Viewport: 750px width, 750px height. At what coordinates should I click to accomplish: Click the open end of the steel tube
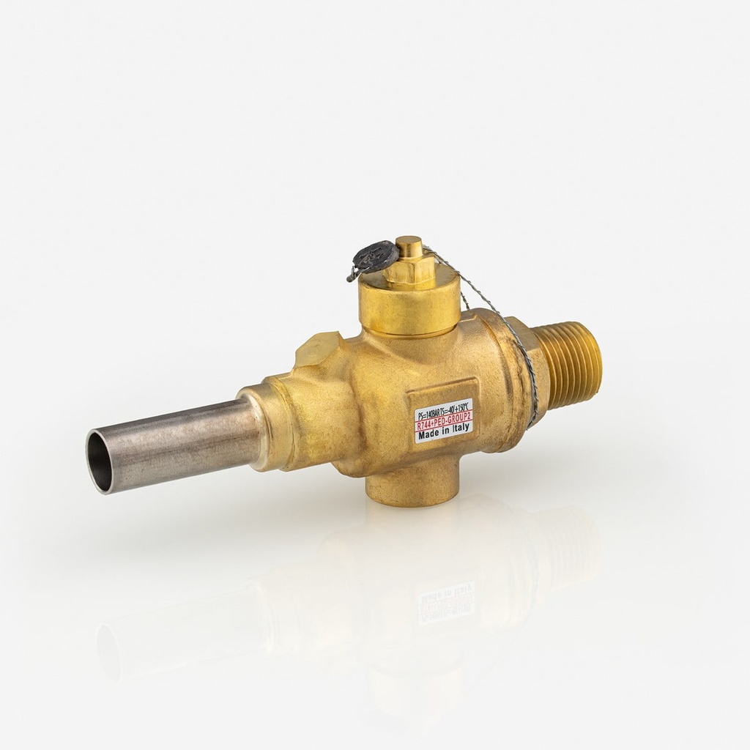click(x=100, y=461)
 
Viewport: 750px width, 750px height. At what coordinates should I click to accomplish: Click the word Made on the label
click(x=429, y=435)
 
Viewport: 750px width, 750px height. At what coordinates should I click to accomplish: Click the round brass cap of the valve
click(x=410, y=308)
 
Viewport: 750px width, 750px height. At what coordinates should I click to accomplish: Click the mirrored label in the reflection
click(x=445, y=602)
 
